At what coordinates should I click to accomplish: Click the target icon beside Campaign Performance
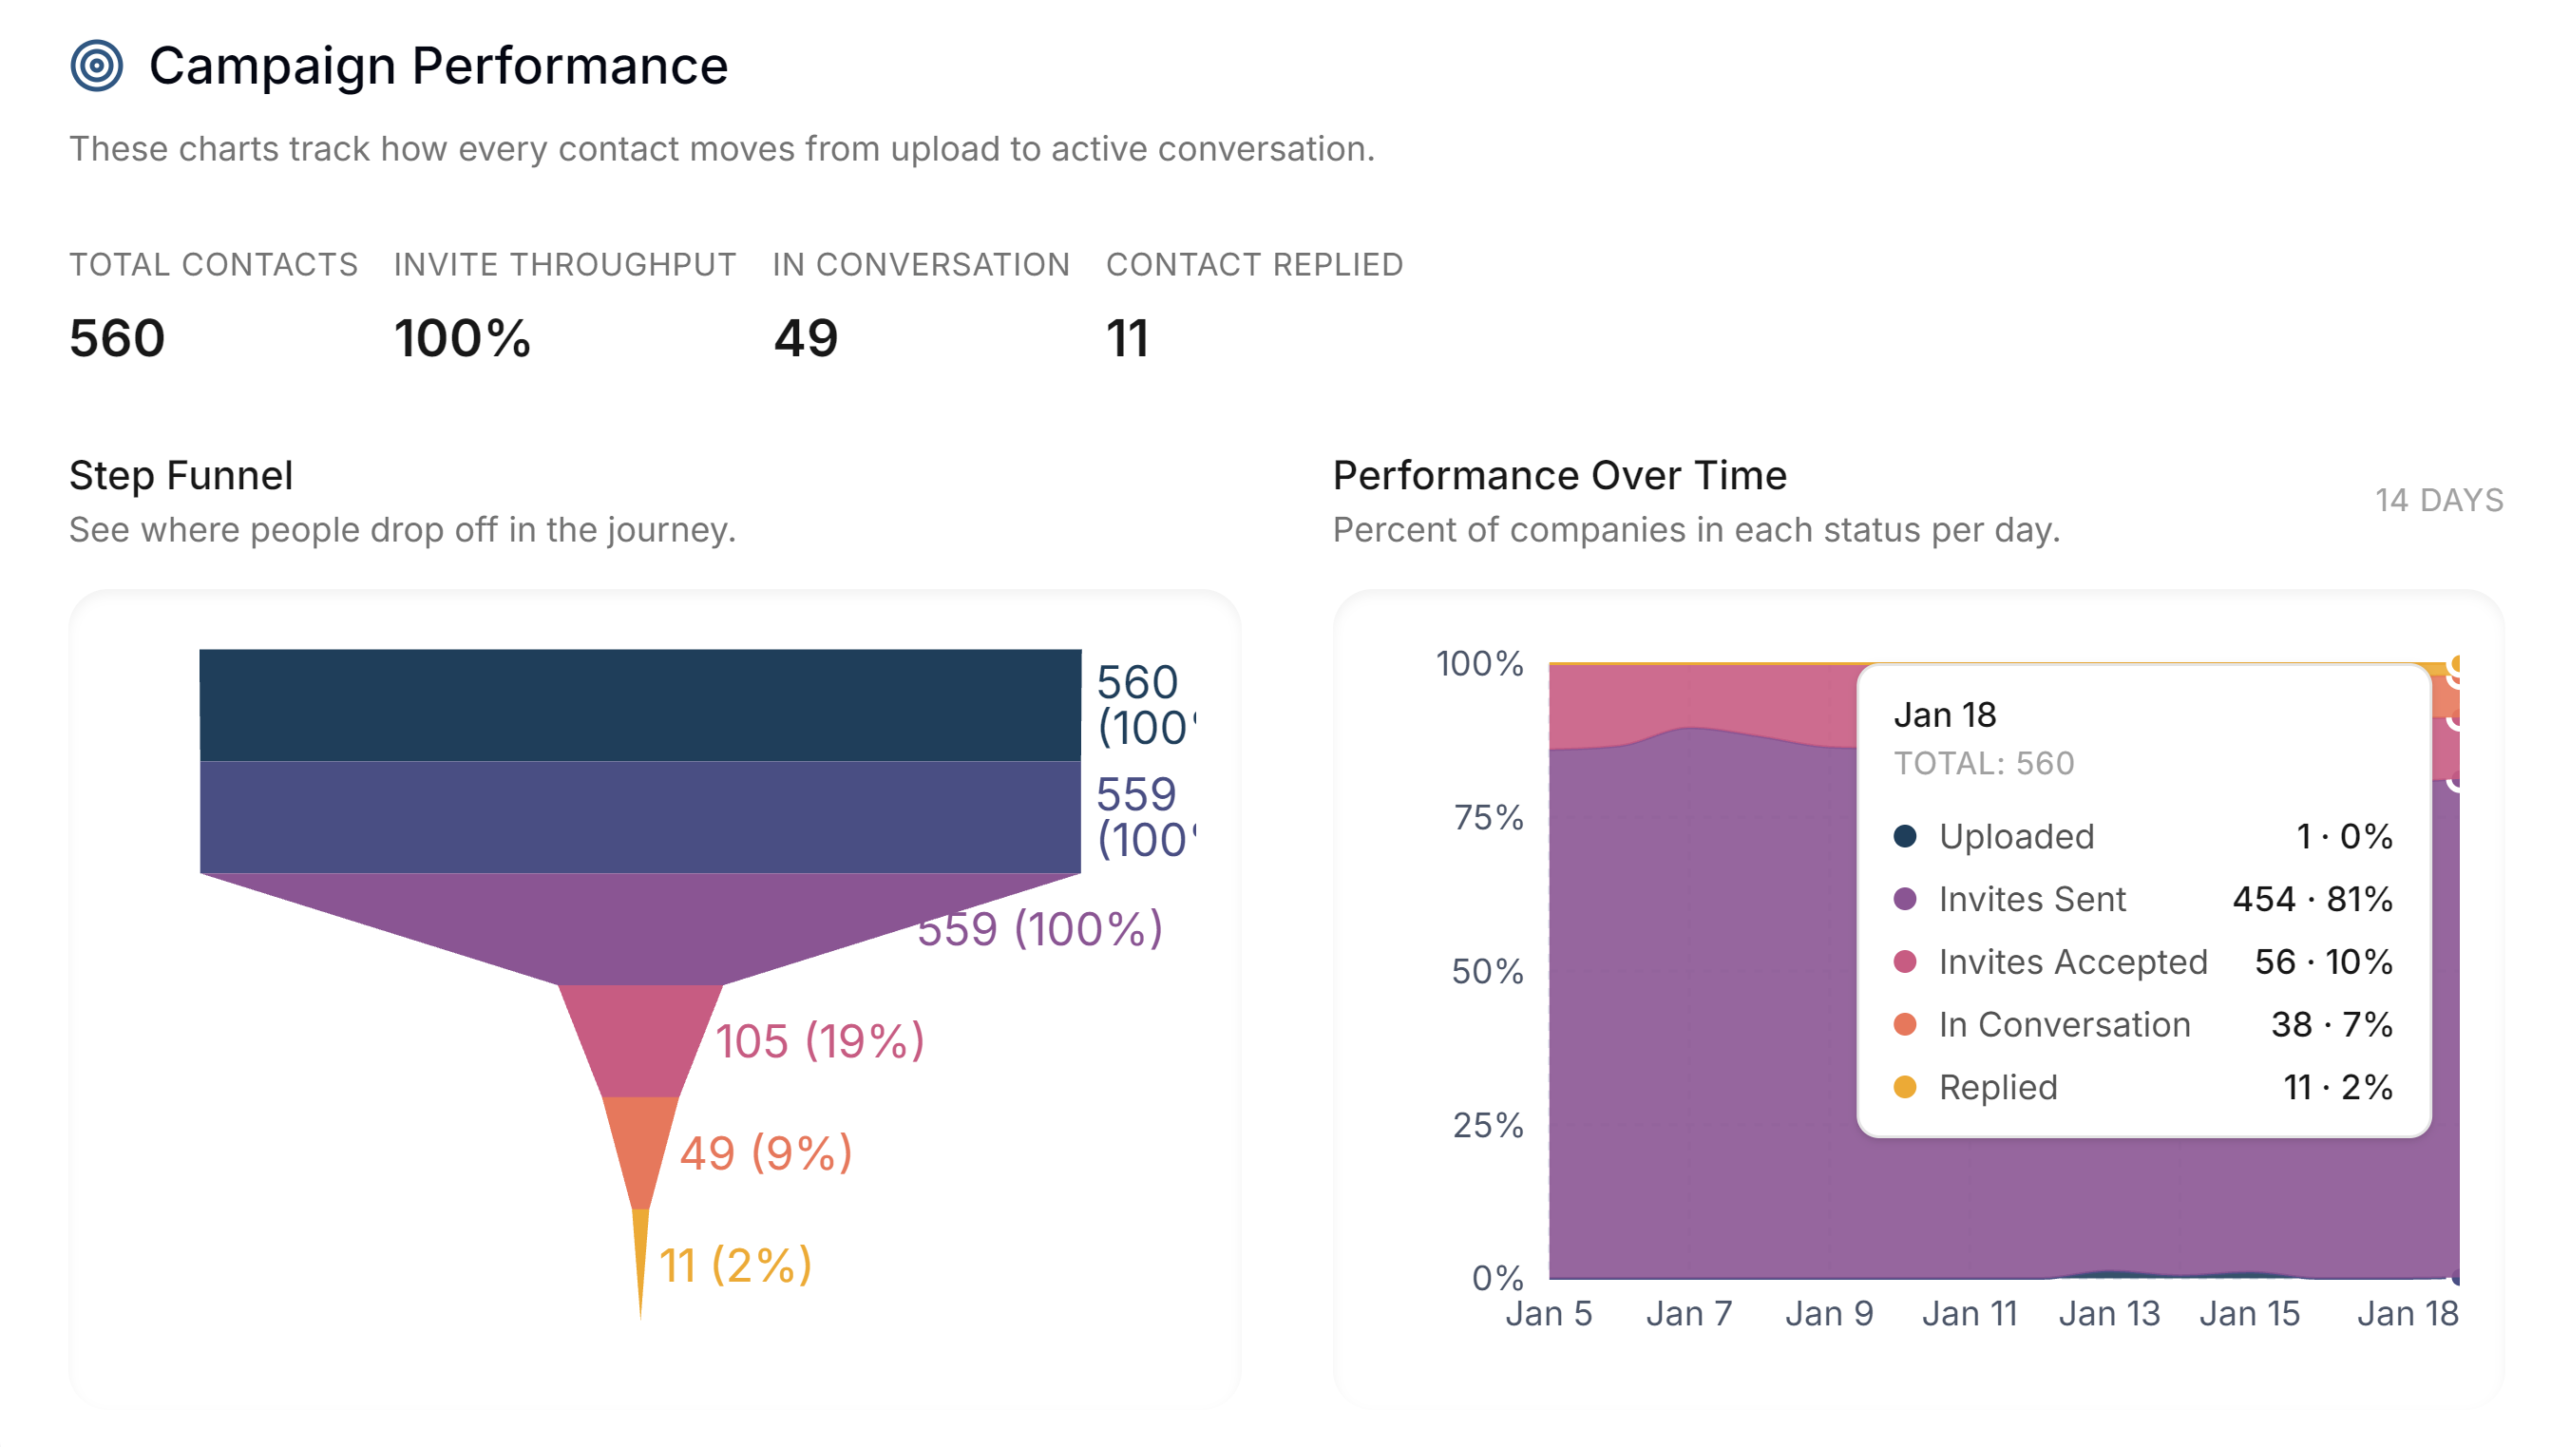[x=96, y=66]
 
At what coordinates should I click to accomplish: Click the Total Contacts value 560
[x=116, y=339]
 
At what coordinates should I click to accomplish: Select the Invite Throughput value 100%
[x=462, y=339]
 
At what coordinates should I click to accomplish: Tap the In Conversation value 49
[x=805, y=339]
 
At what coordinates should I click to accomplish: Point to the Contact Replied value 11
[x=1127, y=339]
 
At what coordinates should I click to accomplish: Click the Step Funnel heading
[x=181, y=476]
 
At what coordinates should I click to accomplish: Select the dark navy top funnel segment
[x=639, y=705]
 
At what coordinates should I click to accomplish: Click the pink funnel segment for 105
[x=640, y=1038]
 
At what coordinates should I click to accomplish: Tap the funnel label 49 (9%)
[x=765, y=1152]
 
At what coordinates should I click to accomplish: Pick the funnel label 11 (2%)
[x=735, y=1266]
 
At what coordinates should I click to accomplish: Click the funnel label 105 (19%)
[x=820, y=1041]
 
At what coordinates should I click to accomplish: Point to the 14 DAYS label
[x=2438, y=500]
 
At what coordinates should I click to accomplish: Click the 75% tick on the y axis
[x=1488, y=818]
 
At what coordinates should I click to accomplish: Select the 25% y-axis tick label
[x=1488, y=1125]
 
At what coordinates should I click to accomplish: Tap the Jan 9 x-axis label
[x=1829, y=1314]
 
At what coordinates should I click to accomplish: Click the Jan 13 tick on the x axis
[x=2109, y=1314]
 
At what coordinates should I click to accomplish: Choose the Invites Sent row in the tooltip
[x=2142, y=900]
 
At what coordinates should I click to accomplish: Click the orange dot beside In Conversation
[x=1904, y=1024]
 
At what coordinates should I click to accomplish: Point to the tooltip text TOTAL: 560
[x=1984, y=763]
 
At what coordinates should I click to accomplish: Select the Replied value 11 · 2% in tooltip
[x=2336, y=1087]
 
